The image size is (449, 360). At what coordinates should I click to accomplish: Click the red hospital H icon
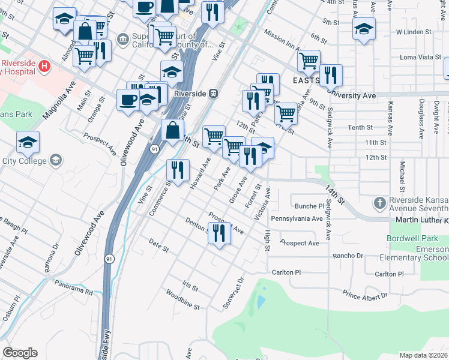43,65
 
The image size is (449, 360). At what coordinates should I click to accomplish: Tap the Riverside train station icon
213,94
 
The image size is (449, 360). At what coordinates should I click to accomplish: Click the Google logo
20,353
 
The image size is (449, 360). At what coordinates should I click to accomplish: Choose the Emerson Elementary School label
414,253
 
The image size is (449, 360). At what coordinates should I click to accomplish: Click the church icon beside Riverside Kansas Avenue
379,203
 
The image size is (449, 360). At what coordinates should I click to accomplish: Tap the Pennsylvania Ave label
297,219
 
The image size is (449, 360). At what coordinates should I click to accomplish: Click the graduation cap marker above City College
28,142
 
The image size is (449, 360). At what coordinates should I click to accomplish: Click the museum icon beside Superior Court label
124,39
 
